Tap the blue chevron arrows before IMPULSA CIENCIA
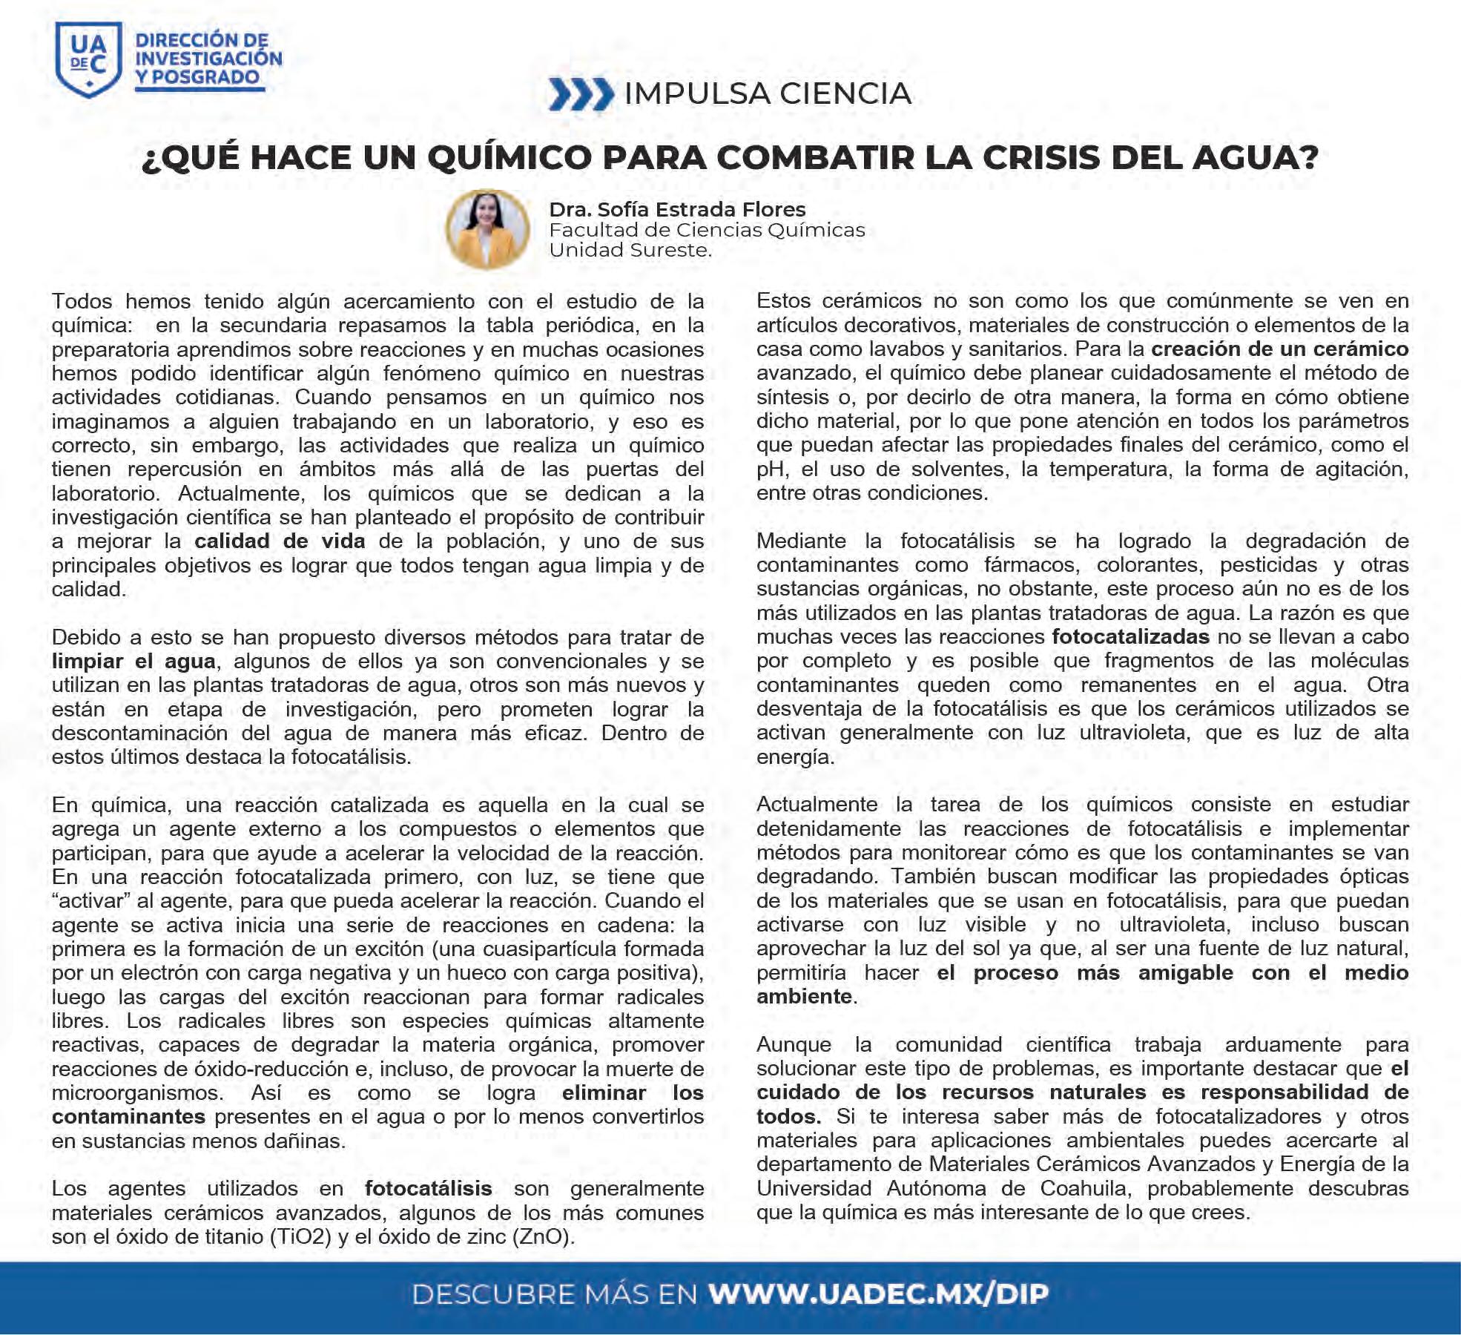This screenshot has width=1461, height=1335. pos(581,94)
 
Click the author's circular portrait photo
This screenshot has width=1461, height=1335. pos(487,228)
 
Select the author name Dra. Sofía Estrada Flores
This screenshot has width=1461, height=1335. pos(677,210)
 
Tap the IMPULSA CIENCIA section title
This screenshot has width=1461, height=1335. pos(768,94)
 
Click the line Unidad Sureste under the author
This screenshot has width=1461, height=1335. pos(630,251)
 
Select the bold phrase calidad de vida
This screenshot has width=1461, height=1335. pos(280,541)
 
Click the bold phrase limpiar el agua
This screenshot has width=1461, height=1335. pos(133,662)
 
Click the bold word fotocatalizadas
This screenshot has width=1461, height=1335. pos(1130,637)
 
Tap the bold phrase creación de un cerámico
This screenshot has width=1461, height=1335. pos(1279,349)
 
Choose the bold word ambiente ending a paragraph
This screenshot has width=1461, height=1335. pos(804,997)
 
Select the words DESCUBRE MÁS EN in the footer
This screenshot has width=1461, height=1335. pos(554,1294)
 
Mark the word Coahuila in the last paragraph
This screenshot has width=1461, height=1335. pos(1084,1189)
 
